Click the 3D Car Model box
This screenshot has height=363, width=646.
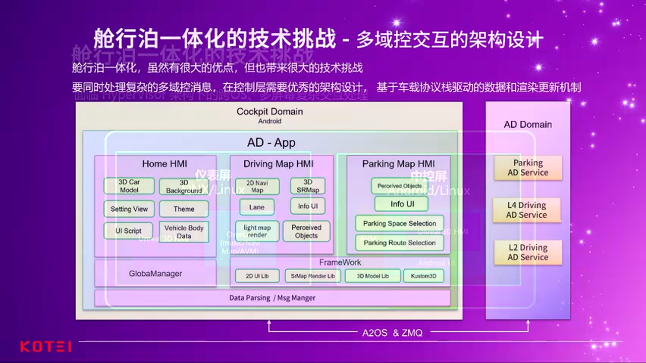pyautogui.click(x=129, y=186)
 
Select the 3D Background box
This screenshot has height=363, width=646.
pyautogui.click(x=184, y=187)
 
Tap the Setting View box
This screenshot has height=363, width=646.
pyautogui.click(x=129, y=209)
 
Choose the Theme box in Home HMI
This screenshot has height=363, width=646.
pyautogui.click(x=184, y=209)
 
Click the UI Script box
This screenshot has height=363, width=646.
pyautogui.click(x=128, y=231)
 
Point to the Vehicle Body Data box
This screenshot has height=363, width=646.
pyautogui.click(x=184, y=232)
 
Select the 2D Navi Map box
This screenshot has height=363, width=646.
pyautogui.click(x=257, y=187)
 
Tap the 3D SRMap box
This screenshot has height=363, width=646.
pyautogui.click(x=307, y=186)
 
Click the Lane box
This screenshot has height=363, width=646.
pyautogui.click(x=257, y=207)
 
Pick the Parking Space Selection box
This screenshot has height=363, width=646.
pyautogui.click(x=399, y=223)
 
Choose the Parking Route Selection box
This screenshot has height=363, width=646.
pyautogui.click(x=399, y=243)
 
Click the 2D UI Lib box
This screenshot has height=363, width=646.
pyautogui.click(x=257, y=276)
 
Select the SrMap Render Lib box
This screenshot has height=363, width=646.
pyautogui.click(x=312, y=276)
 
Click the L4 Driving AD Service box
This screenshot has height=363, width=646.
pyautogui.click(x=527, y=210)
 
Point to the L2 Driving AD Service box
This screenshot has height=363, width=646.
pyautogui.click(x=527, y=252)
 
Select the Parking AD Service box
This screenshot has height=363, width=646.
pyautogui.click(x=527, y=168)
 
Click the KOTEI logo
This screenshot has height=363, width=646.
pyautogui.click(x=46, y=347)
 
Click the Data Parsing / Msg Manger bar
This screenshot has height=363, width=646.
pyautogui.click(x=272, y=298)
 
